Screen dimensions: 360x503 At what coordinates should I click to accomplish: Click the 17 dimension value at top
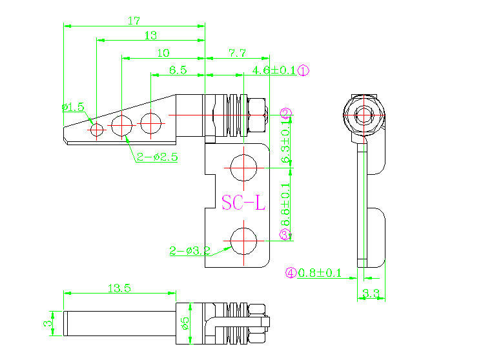[134, 20]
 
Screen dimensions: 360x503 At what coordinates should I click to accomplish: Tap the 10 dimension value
[163, 53]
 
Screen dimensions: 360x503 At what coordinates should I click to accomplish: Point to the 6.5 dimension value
[178, 70]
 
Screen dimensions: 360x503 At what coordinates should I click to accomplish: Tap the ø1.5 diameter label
[73, 106]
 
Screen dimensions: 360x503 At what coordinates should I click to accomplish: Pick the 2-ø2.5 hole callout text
[157, 156]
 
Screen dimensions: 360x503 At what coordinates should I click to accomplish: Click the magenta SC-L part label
[243, 203]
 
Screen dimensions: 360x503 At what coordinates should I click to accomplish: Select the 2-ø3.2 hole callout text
[190, 251]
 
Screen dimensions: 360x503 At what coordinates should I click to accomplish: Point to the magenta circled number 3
[285, 235]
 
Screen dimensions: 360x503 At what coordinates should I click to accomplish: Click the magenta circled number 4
[291, 273]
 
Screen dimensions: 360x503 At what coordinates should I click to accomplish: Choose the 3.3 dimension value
[371, 294]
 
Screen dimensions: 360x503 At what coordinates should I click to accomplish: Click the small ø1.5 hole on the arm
[97, 130]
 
